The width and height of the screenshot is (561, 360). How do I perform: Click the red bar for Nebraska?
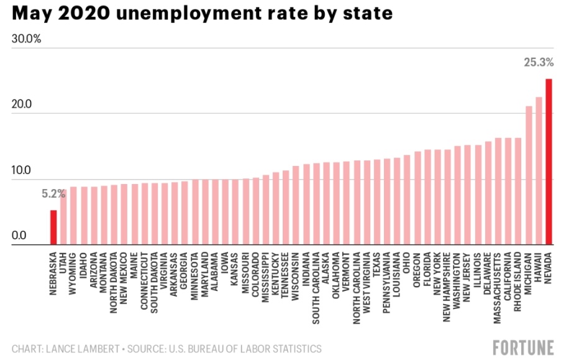pos(53,228)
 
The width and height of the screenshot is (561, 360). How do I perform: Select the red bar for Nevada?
pos(549,162)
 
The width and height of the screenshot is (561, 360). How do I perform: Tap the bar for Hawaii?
pos(539,171)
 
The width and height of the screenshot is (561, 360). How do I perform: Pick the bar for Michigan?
pos(529,175)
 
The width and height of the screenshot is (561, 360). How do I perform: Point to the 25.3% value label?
pos(538,63)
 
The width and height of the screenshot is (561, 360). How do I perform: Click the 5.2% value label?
pos(53,194)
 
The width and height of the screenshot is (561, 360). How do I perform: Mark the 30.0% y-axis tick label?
pos(26,39)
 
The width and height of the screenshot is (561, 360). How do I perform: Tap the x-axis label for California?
pos(508,272)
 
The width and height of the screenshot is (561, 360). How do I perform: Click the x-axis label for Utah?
pos(63,261)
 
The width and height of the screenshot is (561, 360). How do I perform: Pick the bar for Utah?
pos(63,217)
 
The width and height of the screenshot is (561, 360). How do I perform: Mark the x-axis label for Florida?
pos(427,267)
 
